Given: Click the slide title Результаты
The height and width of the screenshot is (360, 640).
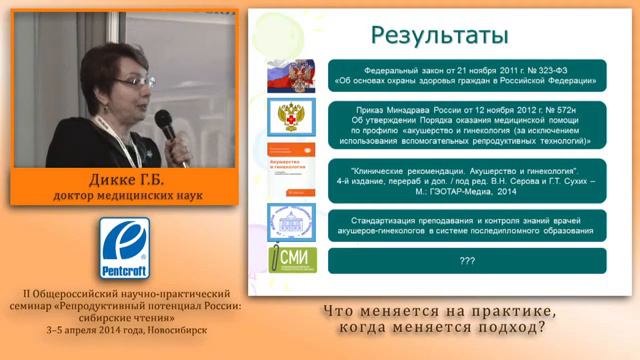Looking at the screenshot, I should [x=439, y=35].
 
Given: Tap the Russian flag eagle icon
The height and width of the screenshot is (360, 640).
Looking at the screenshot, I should [x=291, y=75].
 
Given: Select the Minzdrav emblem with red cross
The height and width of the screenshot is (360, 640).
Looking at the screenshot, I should [x=291, y=118].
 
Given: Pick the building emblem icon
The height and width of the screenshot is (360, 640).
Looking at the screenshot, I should [x=291, y=222].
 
